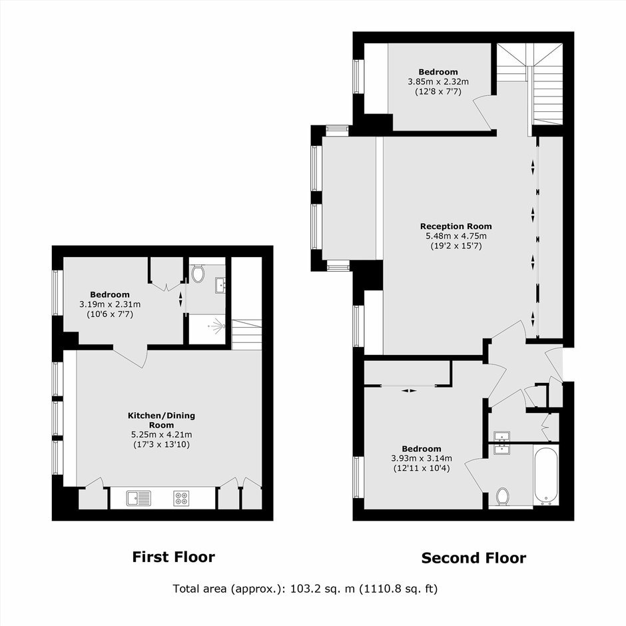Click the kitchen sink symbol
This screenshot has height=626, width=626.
point(139,498)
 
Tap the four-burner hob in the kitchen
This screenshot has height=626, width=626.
point(181,498)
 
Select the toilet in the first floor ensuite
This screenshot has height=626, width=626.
point(197,274)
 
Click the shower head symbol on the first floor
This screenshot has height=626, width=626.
point(216,326)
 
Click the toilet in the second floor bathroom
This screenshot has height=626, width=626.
point(503,497)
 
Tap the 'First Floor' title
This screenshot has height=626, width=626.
point(174,557)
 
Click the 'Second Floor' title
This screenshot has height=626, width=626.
point(474,557)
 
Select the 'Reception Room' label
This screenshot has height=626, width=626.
point(456,226)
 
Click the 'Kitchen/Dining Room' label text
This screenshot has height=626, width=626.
point(161,420)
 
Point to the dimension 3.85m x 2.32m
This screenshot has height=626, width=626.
point(438,82)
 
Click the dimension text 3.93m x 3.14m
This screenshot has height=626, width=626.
point(422,458)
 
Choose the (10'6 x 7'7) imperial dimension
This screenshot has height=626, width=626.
point(110,314)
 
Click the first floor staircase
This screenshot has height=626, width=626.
point(246,334)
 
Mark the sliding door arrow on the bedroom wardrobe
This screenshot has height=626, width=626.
point(409,390)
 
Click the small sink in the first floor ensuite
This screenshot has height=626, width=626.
point(220,285)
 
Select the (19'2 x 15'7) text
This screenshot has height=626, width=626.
point(456,246)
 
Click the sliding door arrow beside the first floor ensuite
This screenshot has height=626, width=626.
point(181,298)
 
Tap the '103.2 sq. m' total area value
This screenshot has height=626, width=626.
point(322,589)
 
